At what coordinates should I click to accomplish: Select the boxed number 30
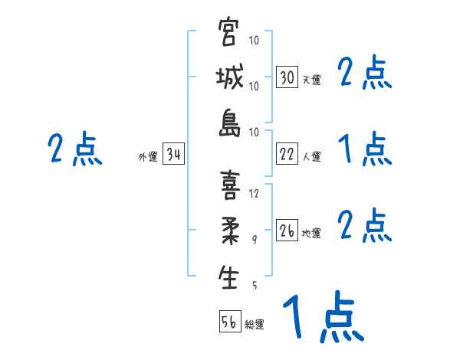click(x=287, y=77)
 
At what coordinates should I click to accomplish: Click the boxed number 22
click(x=287, y=155)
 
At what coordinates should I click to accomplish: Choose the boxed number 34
click(x=173, y=155)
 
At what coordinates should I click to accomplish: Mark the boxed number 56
click(x=229, y=322)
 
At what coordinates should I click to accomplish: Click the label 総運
click(x=255, y=324)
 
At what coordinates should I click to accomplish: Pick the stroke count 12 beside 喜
click(x=255, y=193)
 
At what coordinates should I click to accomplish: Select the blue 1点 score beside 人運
click(x=365, y=148)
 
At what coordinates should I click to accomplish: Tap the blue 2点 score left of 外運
click(x=75, y=149)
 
